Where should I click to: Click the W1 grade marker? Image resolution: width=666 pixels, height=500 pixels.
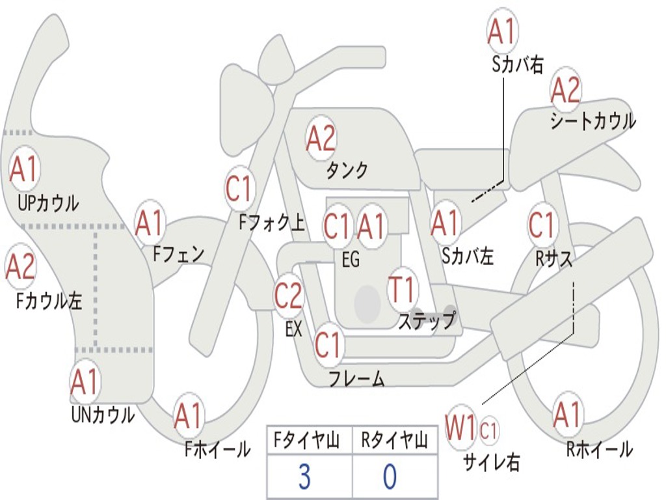coord(460,428)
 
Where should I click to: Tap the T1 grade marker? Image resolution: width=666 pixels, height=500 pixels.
coord(402,289)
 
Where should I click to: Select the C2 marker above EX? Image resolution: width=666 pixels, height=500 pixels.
coord(288,296)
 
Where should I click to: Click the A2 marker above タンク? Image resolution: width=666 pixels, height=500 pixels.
coord(321,138)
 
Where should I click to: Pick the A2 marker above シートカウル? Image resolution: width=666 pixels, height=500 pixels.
coord(565,90)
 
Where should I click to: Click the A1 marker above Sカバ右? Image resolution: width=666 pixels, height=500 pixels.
coord(503,31)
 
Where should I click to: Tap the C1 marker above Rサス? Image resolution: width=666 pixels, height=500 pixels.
coord(542,224)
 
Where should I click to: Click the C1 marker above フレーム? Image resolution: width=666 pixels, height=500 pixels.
coord(328,344)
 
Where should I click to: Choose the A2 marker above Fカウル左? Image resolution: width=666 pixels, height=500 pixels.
coord(20,266)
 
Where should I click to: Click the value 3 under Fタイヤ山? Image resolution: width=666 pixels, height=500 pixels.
coord(304,477)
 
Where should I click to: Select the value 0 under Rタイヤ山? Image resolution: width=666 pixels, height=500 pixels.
coord(390,477)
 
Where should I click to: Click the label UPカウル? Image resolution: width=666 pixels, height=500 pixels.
coord(48,203)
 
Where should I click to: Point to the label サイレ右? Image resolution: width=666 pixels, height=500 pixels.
coord(492,462)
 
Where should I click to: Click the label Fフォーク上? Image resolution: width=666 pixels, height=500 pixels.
coord(272,222)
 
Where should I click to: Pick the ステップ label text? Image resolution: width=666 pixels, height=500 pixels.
coord(427,320)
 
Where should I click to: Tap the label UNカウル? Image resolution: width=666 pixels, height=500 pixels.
coord(103,415)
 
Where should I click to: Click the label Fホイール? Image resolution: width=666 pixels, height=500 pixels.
coord(217,449)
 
